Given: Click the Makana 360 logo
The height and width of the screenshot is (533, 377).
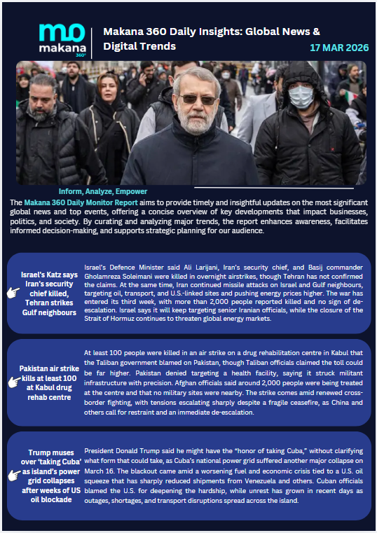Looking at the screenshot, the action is [61, 39].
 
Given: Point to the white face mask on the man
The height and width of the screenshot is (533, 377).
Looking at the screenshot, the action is [301, 97].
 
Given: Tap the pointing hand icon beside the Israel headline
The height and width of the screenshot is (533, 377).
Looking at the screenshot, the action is [13, 293].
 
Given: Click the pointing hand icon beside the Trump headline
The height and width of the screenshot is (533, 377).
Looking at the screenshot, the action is [13, 476].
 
